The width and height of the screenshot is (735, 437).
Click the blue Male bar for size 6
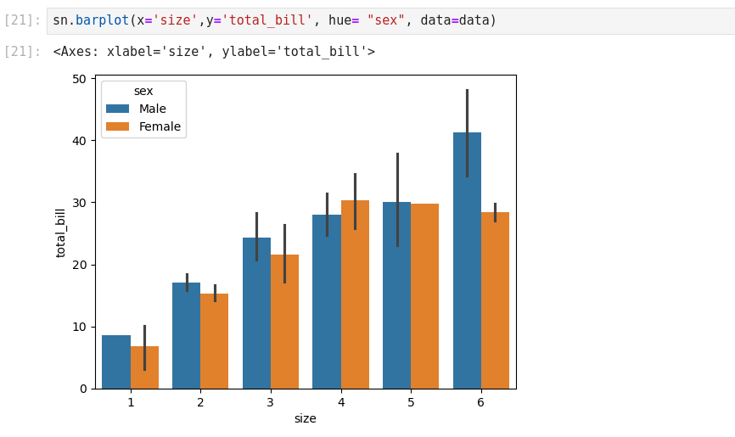[467, 272]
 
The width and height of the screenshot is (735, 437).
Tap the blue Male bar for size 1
[116, 362]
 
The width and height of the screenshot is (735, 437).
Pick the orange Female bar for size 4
[355, 297]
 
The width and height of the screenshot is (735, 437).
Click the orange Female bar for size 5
[424, 297]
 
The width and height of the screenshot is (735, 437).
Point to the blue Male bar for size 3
[256, 314]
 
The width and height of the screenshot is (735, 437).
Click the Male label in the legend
[153, 109]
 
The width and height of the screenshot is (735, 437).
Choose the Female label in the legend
[160, 126]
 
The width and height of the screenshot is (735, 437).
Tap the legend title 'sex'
[143, 91]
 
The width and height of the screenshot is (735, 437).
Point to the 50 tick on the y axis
[80, 79]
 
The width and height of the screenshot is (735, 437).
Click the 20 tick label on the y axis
[80, 265]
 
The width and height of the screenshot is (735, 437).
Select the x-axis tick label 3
[271, 402]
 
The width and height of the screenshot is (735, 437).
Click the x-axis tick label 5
[411, 402]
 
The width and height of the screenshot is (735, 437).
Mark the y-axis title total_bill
[61, 233]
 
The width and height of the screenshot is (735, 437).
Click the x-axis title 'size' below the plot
[305, 418]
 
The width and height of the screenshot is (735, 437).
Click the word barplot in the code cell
[102, 20]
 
